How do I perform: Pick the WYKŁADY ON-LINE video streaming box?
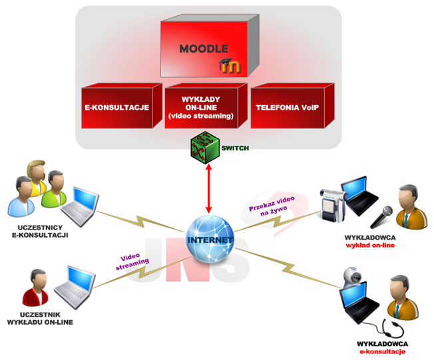(x=203, y=108)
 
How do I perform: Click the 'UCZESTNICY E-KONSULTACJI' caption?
(x=40, y=231)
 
